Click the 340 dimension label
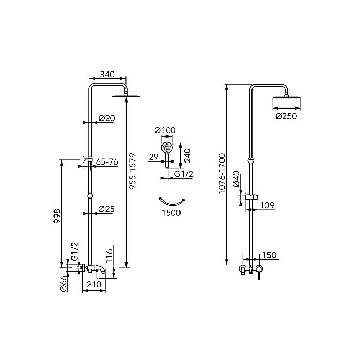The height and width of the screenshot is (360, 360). tap(107, 75)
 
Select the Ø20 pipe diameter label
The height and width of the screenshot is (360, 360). tap(107, 118)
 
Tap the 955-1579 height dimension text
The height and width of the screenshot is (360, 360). tap(133, 171)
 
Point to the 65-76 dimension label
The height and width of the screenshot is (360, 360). tap(107, 162)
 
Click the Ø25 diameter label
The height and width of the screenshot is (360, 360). tap(106, 209)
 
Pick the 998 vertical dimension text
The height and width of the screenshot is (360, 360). tap(57, 216)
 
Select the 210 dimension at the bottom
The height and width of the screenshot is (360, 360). tap(94, 284)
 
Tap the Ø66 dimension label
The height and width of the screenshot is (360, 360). tap(64, 284)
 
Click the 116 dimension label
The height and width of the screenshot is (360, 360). tap(110, 256)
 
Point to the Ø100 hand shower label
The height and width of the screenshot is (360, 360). tap(165, 130)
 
